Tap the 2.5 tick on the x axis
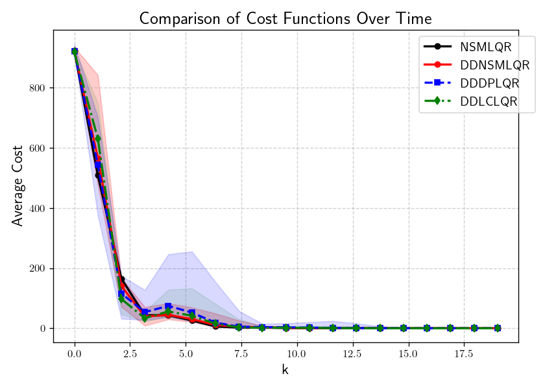(x=130, y=355)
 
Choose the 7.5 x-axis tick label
(x=241, y=355)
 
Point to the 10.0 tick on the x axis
(x=297, y=355)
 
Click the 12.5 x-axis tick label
(x=352, y=355)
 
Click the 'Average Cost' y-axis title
(x=18, y=185)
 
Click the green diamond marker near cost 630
(x=98, y=139)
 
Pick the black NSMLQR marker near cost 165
(x=121, y=279)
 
